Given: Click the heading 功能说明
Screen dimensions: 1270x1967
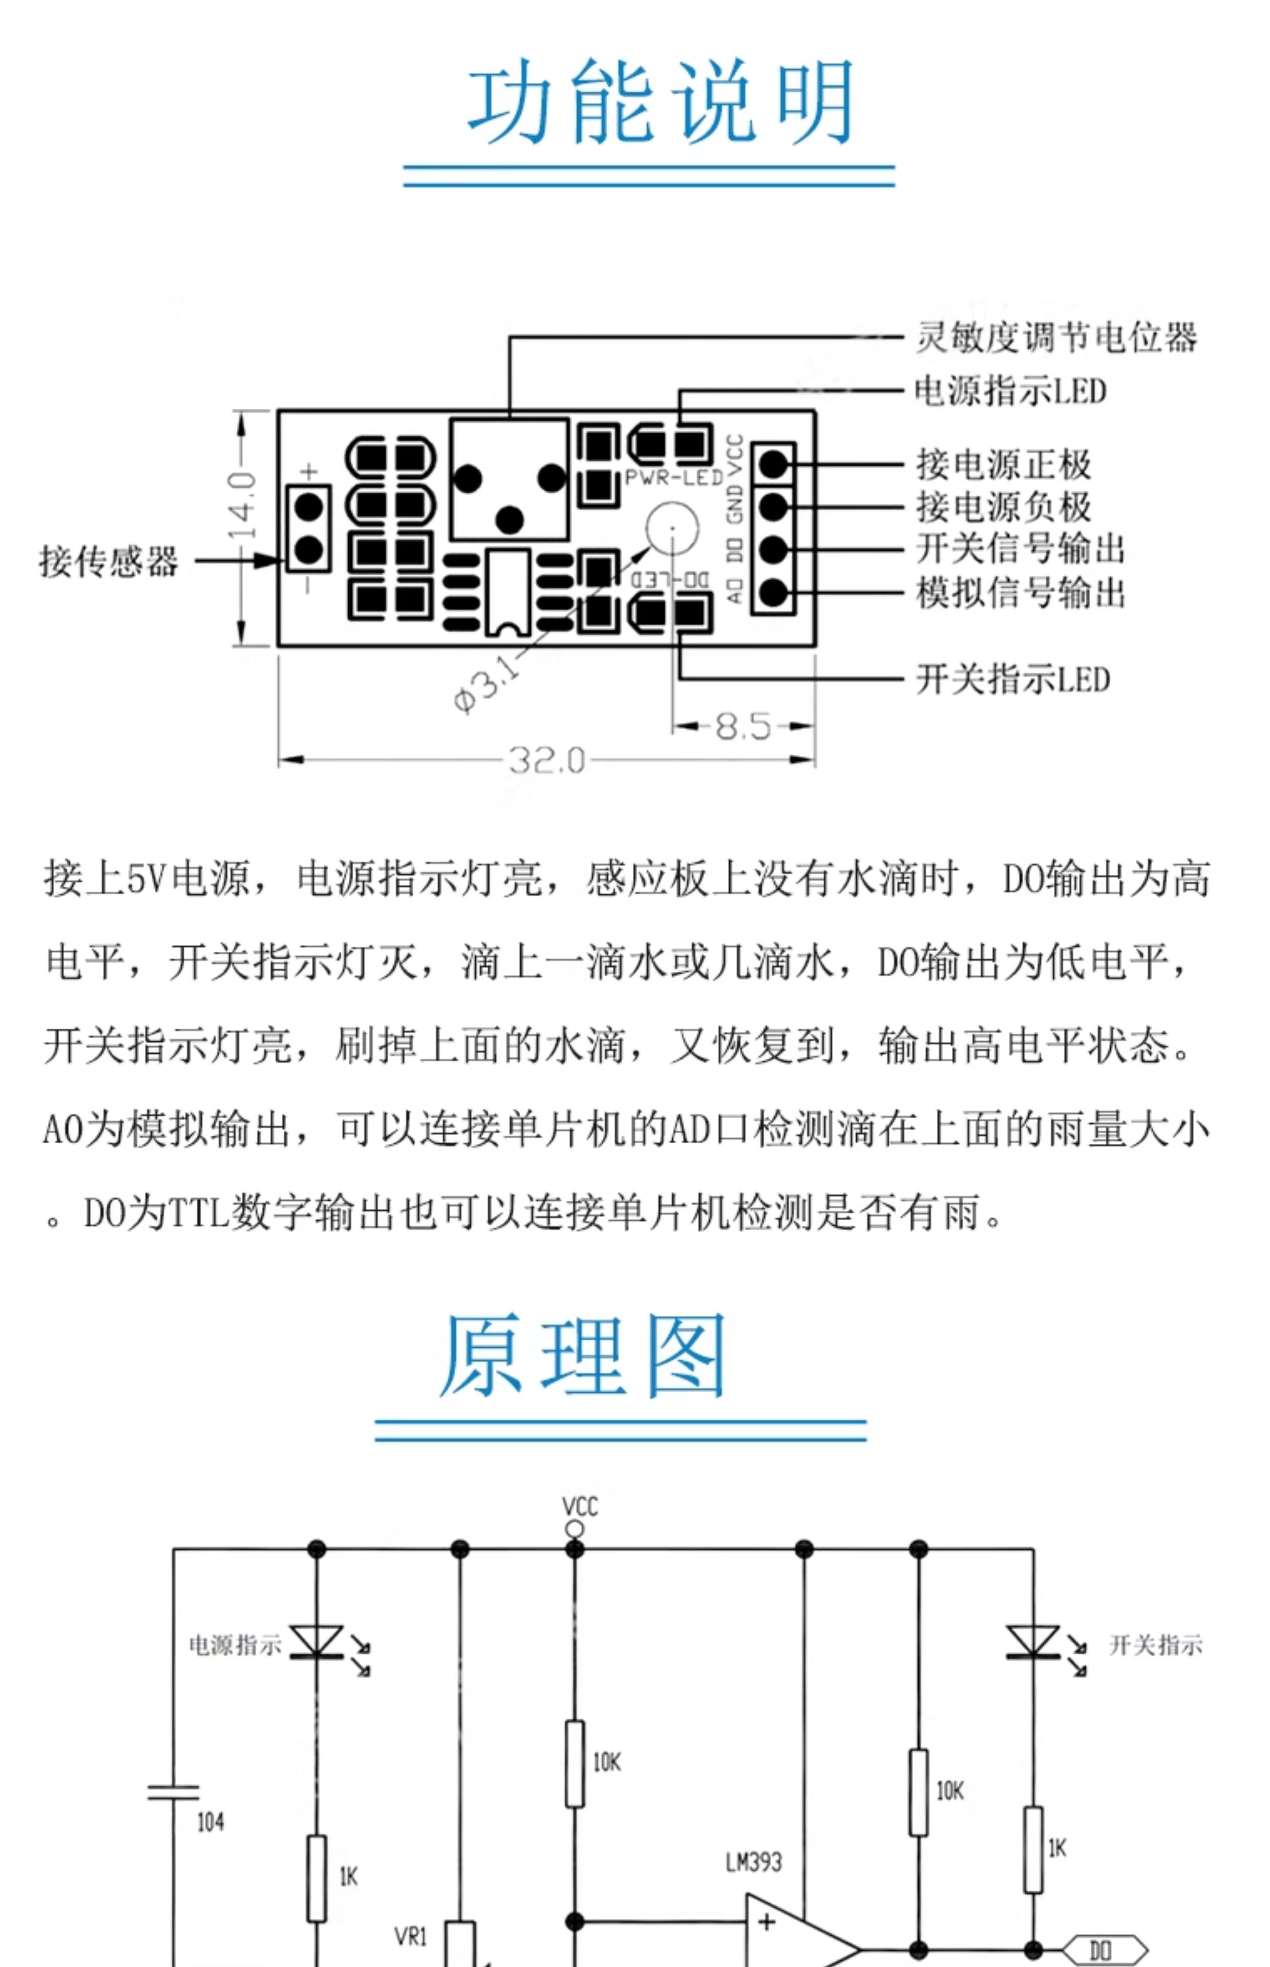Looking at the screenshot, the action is coord(660,103).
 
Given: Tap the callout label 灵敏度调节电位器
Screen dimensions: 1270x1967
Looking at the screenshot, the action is coord(1055,338).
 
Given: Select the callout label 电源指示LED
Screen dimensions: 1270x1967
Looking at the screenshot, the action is coord(1010,391).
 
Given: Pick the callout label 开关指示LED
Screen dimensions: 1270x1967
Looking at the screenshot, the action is coord(1013,680).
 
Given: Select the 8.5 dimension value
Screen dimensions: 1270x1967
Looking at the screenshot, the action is coord(742,726).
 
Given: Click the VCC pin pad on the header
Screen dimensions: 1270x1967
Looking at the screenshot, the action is coord(773,464).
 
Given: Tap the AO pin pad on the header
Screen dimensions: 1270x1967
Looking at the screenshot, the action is coord(773,591).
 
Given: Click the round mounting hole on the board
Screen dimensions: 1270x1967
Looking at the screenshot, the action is coord(672,528).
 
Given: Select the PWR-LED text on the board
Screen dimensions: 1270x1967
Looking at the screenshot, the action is coord(674,477).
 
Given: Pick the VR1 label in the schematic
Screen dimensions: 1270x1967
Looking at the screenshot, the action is coord(411,1936).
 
